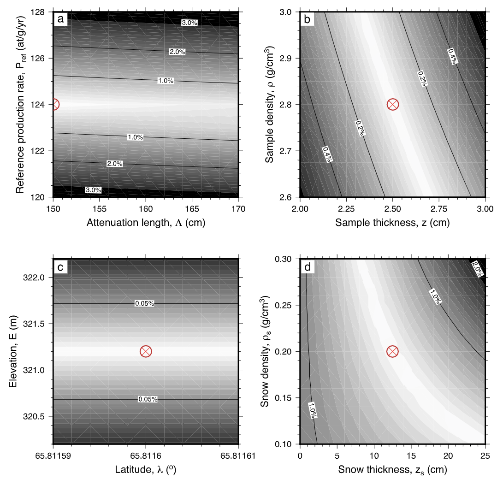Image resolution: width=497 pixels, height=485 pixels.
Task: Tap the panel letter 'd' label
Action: tap(308, 266)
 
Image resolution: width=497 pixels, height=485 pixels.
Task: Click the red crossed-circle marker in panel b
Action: tap(392, 105)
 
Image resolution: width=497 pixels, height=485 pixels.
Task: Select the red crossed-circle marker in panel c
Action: tap(146, 351)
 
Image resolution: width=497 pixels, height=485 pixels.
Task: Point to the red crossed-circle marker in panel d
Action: tap(392, 351)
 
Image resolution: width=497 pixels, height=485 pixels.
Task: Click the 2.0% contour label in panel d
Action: tap(477, 269)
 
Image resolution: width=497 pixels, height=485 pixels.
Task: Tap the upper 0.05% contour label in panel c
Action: tap(144, 303)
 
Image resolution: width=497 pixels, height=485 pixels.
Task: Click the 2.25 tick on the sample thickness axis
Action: tap(346, 207)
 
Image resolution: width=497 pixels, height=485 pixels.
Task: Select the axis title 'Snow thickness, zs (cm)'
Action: tap(392, 470)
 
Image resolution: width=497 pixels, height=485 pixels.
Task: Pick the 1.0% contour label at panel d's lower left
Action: tap(313, 410)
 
